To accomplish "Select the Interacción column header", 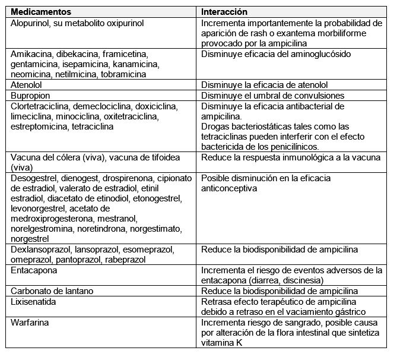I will (x=224, y=12).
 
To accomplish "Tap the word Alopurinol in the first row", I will (x=30, y=23).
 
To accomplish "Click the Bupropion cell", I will (x=30, y=96).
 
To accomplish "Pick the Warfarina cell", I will (x=30, y=323).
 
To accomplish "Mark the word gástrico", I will (x=347, y=312).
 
